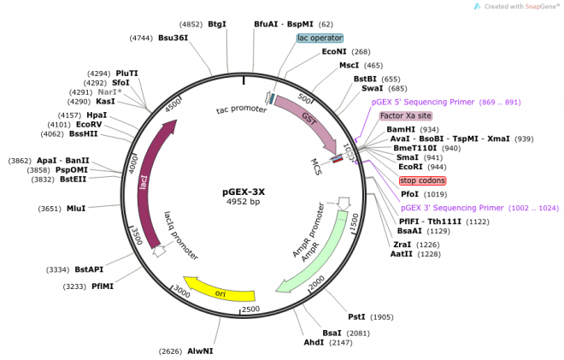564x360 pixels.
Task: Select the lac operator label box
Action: click(x=320, y=38)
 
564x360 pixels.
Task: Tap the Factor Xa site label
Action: click(x=406, y=115)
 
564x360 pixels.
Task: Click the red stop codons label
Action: click(x=422, y=180)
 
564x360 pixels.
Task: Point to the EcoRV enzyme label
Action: click(x=89, y=125)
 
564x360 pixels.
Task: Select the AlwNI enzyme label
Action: click(x=201, y=351)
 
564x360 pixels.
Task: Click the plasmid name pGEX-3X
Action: click(x=245, y=192)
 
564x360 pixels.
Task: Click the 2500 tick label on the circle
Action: click(x=250, y=309)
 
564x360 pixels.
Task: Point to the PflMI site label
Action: click(x=103, y=286)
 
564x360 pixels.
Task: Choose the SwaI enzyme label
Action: click(x=372, y=88)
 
